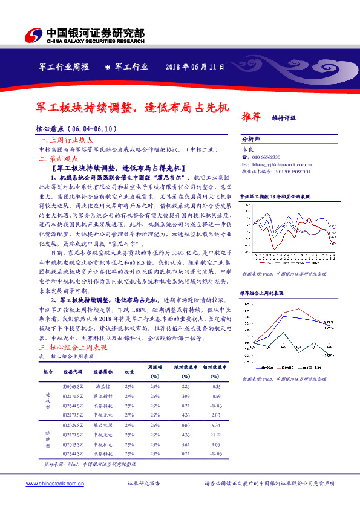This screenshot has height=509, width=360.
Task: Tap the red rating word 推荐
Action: tap(251, 116)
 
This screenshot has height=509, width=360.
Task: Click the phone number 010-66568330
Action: tap(264, 157)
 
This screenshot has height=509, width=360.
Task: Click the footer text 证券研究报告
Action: tap(144, 484)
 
